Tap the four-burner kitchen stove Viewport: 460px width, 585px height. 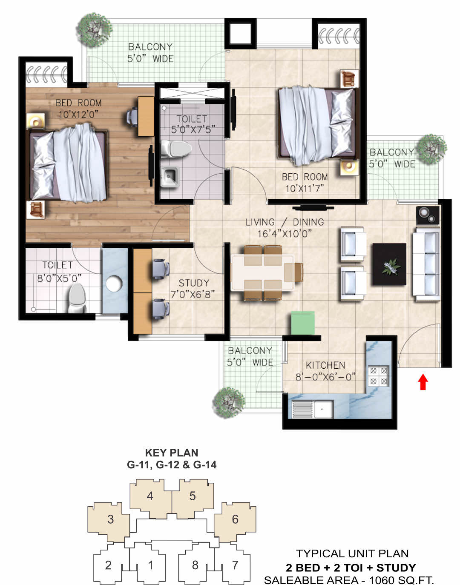tap(379, 376)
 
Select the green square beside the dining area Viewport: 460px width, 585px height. tap(303, 323)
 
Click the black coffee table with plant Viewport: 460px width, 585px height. tap(389, 264)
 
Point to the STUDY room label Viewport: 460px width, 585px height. tap(194, 283)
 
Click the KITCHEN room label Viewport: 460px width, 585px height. tap(325, 365)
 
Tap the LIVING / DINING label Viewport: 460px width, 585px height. tap(285, 222)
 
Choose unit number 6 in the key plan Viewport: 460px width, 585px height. tap(235, 519)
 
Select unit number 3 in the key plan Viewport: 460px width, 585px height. tap(110, 519)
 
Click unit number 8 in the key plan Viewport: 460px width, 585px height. tap(195, 565)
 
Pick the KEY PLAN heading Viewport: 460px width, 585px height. tap(172, 453)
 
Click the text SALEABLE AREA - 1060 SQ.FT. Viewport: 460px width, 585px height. tap(349, 580)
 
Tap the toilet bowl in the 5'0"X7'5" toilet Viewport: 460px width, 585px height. tap(176, 149)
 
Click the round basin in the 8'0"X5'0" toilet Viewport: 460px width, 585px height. tap(114, 284)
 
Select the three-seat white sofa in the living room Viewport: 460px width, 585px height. tap(426, 264)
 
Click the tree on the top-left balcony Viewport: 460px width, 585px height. tap(94, 30)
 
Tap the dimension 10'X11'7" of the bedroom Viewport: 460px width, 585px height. tap(305, 189)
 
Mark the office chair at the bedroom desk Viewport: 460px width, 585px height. tap(132, 117)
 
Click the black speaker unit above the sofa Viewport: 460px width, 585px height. tap(427, 215)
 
